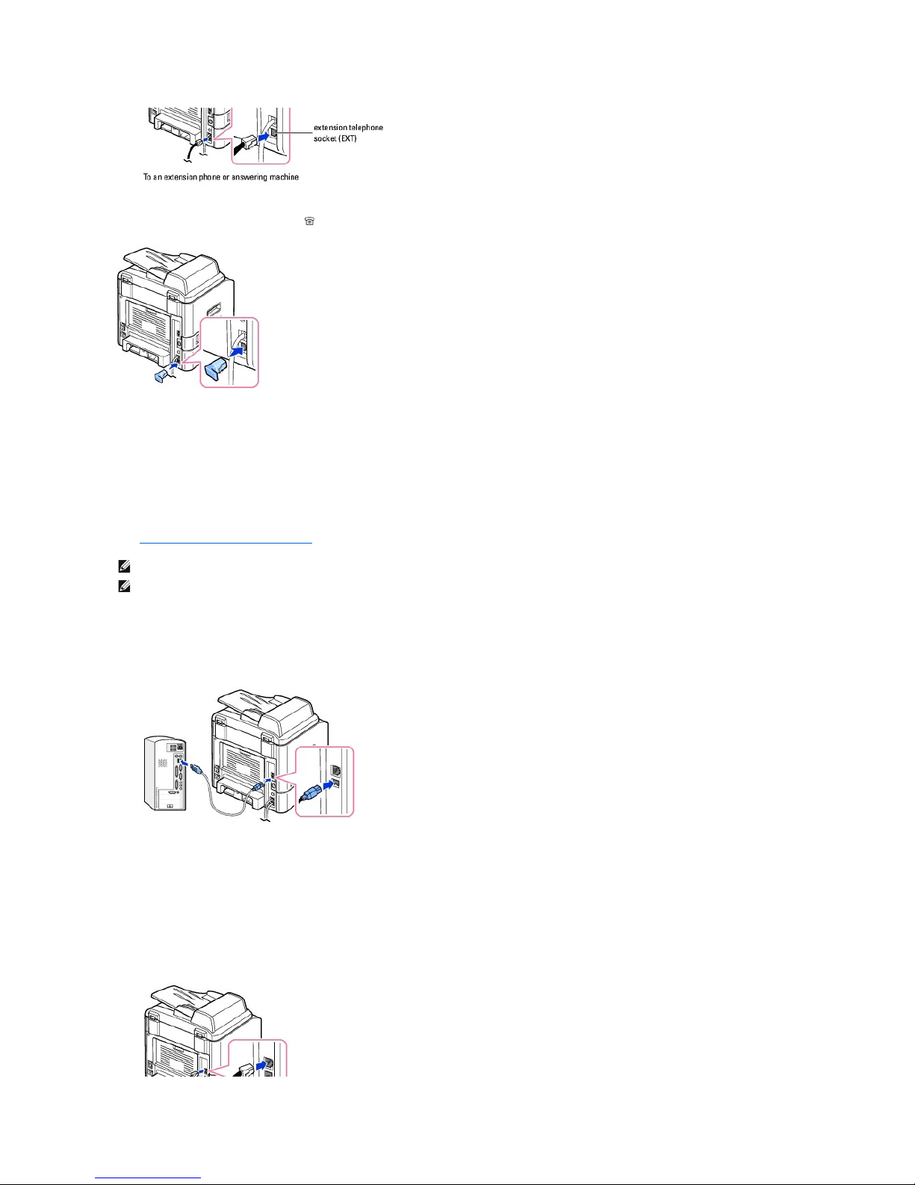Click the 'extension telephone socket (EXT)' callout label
pos(348,132)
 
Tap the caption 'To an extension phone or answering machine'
pos(220,176)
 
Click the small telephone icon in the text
pos(309,221)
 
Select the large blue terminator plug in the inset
pos(216,370)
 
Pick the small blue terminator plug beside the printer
pos(161,376)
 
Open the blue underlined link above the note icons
pos(226,543)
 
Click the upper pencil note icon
pos(124,567)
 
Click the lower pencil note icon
pos(124,587)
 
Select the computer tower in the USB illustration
pos(165,773)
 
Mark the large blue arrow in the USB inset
pos(329,785)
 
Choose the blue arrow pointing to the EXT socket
pos(265,134)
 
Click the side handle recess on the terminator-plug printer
pos(214,308)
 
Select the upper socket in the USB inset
pos(337,771)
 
